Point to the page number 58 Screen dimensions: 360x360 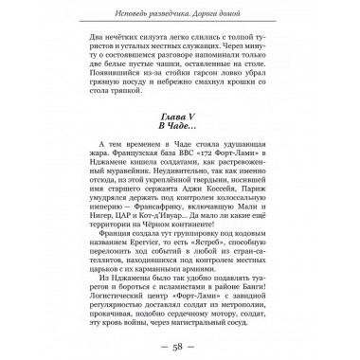click(180, 342)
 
